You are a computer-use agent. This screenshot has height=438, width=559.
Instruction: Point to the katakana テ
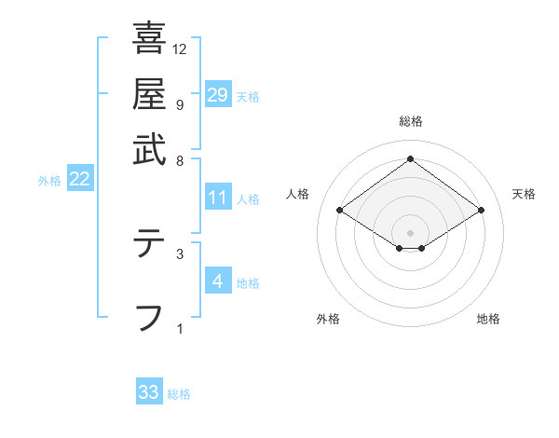click(149, 244)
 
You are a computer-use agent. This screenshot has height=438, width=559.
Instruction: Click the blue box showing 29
click(218, 94)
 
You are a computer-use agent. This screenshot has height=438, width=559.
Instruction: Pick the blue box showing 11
click(218, 198)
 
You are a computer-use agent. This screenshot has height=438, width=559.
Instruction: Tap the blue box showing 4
click(217, 281)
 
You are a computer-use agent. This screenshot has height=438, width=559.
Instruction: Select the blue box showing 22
click(79, 179)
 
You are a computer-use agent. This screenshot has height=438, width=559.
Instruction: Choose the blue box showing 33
click(149, 392)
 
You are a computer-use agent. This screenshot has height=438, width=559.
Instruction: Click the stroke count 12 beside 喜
click(180, 49)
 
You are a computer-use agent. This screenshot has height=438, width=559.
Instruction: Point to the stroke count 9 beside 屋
click(179, 105)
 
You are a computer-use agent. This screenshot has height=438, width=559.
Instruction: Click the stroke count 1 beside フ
click(179, 328)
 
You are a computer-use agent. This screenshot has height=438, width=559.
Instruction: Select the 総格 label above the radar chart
click(410, 121)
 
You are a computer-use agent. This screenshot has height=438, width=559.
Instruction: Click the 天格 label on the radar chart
click(524, 194)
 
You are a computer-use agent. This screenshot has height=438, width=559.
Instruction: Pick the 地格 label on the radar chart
click(488, 320)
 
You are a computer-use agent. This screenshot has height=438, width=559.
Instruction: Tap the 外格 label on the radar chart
click(328, 320)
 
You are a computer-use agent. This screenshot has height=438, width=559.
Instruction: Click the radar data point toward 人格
click(340, 211)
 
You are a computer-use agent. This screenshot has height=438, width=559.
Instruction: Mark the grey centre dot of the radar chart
click(410, 232)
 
